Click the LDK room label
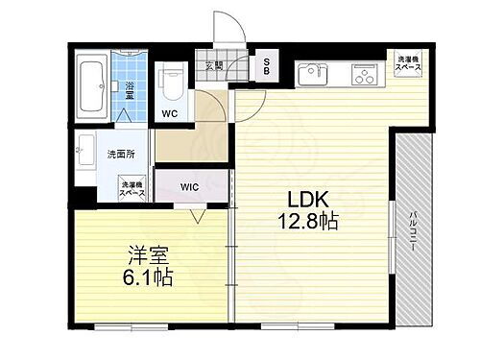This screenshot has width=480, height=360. (x=309, y=199)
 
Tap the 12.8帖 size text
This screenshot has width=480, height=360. (x=309, y=220)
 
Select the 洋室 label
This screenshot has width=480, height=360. (x=150, y=256)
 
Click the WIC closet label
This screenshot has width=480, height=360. (x=188, y=188)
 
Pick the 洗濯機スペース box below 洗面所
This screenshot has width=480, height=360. (x=131, y=188)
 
